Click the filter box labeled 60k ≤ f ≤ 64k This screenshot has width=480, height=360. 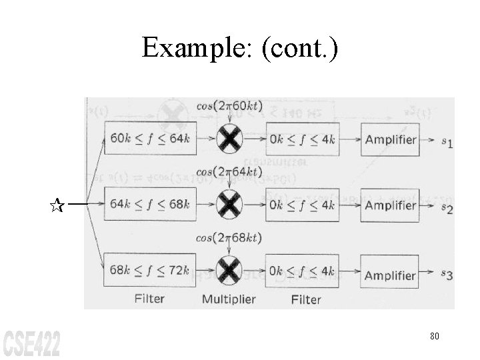coord(149,139)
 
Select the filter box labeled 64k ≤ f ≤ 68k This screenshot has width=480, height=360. coord(149,204)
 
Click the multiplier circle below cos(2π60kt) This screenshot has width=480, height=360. coord(229,139)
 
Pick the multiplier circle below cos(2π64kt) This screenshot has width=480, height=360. coord(229,204)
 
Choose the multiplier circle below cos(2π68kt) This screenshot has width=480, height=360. coord(229,270)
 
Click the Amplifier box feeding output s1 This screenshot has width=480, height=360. coord(390,139)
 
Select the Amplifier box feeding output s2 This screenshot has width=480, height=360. coord(390,205)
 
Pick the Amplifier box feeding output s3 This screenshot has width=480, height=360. coord(390,275)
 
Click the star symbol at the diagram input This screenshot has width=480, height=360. coord(57,205)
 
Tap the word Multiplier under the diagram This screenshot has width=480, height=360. coord(229,299)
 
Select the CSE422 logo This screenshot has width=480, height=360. coord(31,341)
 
